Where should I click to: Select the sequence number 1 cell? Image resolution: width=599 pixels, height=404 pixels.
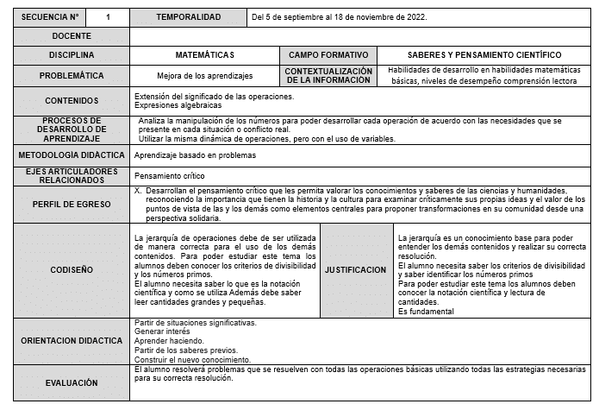point(108,17)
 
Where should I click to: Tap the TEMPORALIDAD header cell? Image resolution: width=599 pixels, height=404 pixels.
point(188,17)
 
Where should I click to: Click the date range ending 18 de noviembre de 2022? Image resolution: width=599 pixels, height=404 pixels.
point(340,17)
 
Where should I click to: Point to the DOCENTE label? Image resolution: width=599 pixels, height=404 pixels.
point(72,36)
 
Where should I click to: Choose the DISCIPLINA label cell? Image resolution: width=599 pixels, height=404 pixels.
point(72,55)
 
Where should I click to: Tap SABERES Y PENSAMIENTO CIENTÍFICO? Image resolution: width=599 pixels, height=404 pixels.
point(484,55)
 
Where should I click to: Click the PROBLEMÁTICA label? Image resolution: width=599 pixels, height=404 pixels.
point(72,75)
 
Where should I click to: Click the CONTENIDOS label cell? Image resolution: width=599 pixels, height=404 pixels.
point(72,100)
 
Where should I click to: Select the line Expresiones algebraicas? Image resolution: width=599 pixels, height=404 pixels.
point(179,104)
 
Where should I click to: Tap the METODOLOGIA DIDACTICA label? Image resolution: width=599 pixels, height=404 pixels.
point(72,155)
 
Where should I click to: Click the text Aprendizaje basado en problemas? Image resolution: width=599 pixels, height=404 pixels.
point(196,155)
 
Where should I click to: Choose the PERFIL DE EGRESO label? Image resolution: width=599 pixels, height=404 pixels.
point(72,205)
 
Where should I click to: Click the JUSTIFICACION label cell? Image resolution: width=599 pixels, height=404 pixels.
point(355,270)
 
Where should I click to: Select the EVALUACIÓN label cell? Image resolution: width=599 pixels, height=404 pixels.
point(72,382)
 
